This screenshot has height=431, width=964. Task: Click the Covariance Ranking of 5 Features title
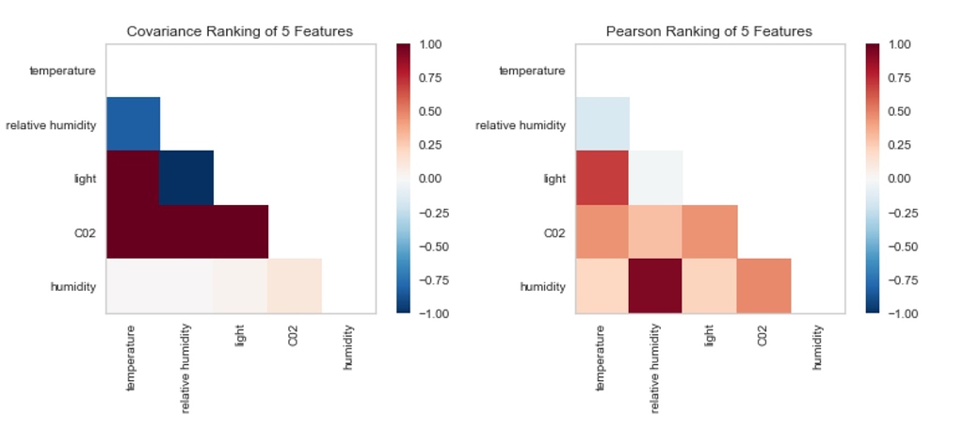240,31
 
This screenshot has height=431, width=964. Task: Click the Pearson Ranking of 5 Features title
708,31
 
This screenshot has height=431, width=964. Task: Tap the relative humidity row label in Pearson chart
520,124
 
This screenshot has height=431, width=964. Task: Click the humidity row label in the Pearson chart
542,286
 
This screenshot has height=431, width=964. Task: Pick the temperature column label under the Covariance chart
131,358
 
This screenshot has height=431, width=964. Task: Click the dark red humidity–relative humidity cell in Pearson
656,286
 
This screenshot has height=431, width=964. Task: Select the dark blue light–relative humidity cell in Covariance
186,178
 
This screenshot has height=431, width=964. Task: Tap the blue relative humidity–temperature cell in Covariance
133,123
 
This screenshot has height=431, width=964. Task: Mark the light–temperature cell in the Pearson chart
602,178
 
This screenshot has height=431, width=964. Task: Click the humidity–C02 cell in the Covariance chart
295,286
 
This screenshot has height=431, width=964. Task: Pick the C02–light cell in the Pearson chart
710,231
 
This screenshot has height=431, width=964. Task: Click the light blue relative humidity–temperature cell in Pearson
602,123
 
